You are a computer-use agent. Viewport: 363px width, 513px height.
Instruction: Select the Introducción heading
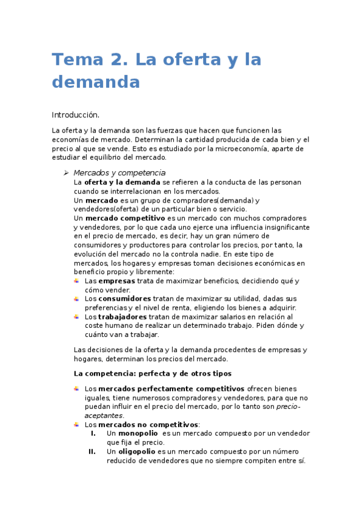pos(75,114)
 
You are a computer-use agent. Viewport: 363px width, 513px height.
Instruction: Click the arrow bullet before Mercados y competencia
pos(67,173)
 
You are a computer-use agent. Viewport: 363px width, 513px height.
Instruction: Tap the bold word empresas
pos(116,281)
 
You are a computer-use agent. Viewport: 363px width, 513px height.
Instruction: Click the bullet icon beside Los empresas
pos(76,281)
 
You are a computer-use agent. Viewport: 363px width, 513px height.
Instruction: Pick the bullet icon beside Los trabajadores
pos(76,316)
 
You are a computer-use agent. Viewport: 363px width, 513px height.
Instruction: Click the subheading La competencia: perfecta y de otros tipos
pos(152,373)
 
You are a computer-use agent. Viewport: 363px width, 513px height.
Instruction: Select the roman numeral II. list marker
pos(92,451)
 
